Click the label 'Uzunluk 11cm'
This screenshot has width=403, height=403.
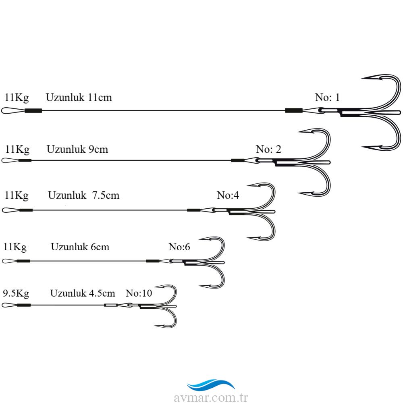point(79,98)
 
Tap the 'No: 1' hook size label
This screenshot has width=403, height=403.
point(327,97)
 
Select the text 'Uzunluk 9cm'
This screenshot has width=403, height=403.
point(77,150)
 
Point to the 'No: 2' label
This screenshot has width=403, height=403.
point(268,149)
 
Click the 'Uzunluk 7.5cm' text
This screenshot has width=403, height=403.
point(83,195)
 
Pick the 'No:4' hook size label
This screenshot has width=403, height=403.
point(228,195)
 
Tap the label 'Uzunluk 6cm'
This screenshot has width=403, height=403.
point(80,247)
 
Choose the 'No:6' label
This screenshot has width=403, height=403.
point(179,247)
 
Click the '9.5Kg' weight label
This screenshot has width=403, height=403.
point(16,293)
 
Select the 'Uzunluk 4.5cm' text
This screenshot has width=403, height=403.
point(83,293)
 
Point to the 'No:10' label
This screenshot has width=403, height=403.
point(139,293)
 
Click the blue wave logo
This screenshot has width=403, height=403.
point(211,384)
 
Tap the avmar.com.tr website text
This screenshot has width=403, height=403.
point(211,397)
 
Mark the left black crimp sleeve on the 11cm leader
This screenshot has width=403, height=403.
point(33,111)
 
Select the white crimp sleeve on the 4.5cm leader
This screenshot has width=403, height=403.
point(111,305)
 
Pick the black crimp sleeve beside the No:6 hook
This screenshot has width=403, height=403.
point(153,261)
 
